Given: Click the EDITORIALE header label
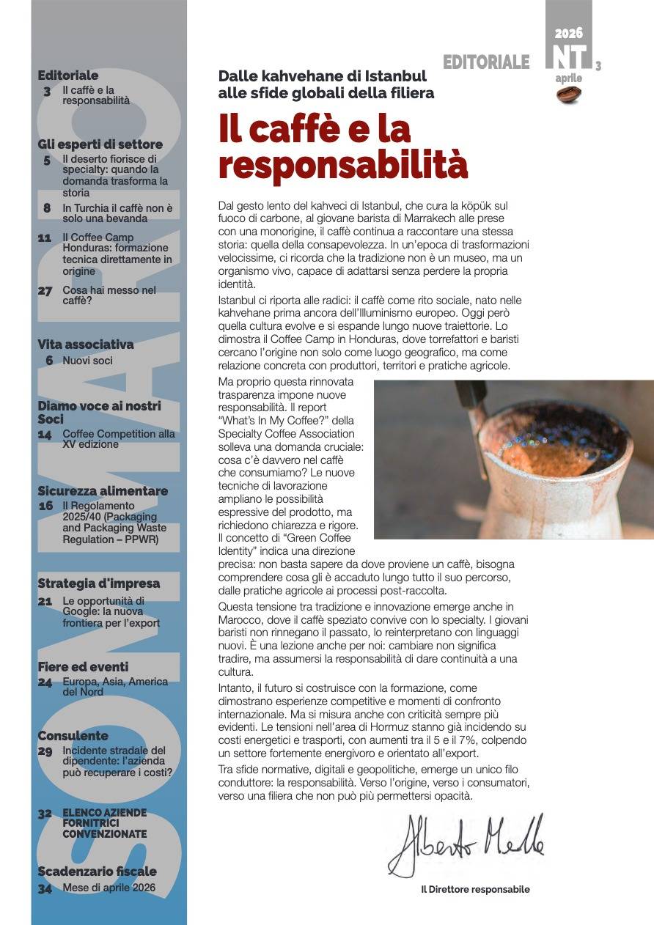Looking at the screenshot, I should pyautogui.click(x=485, y=63).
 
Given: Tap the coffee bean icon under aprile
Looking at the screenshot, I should pyautogui.click(x=569, y=94).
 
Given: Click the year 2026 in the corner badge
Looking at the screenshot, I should pyautogui.click(x=568, y=33).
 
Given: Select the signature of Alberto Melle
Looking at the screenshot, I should pyautogui.click(x=467, y=845).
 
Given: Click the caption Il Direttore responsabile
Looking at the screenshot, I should pyautogui.click(x=475, y=889).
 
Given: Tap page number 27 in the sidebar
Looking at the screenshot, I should pyautogui.click(x=45, y=291).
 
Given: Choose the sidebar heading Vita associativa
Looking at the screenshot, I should pyautogui.click(x=86, y=344).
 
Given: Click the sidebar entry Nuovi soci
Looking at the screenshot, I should pyautogui.click(x=87, y=361).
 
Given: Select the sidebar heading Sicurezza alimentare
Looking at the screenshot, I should pyautogui.click(x=103, y=491).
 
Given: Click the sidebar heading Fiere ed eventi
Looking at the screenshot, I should pyautogui.click(x=83, y=667).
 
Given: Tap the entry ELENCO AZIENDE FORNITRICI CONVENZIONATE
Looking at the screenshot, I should pyautogui.click(x=104, y=823).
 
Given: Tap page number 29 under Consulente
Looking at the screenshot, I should pyautogui.click(x=45, y=751).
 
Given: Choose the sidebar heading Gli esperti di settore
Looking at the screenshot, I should pyautogui.click(x=100, y=144).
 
